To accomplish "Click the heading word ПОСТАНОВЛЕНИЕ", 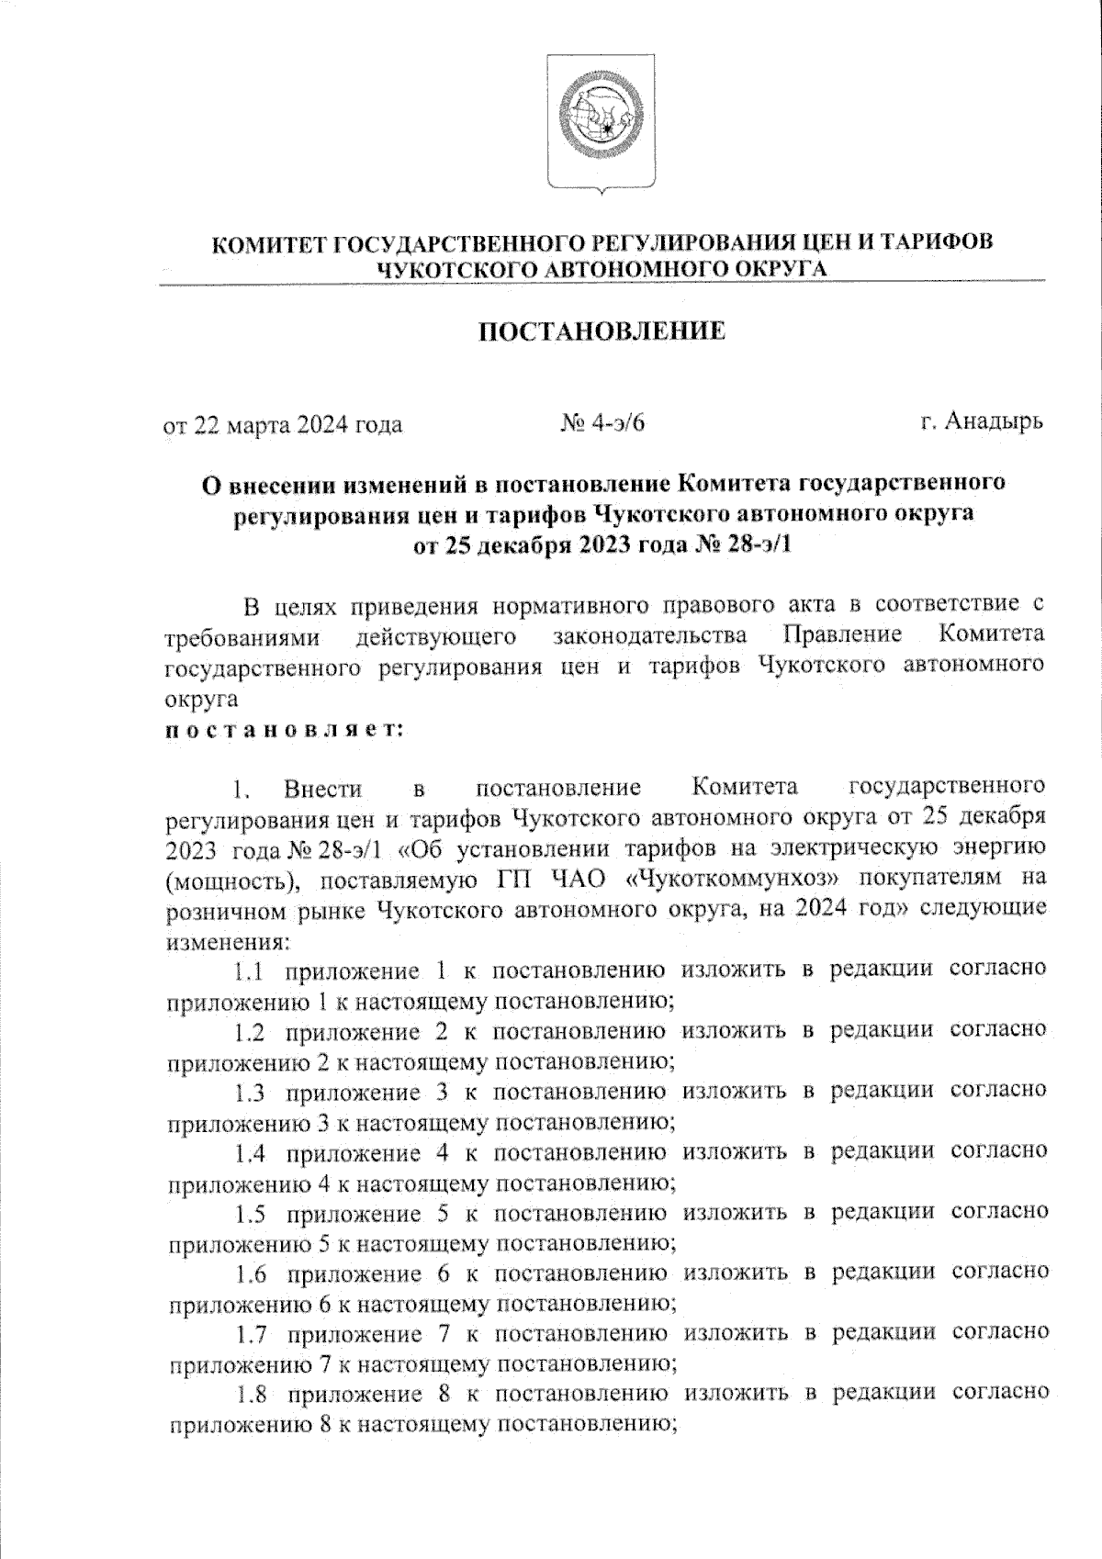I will tap(602, 331).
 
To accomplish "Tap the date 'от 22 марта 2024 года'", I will tap(283, 425).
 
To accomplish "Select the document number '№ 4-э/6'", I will tap(602, 424).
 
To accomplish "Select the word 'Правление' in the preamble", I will tap(842, 635).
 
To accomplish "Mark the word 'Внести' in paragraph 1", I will tap(323, 789).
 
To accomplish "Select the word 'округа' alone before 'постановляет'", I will tap(201, 700).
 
